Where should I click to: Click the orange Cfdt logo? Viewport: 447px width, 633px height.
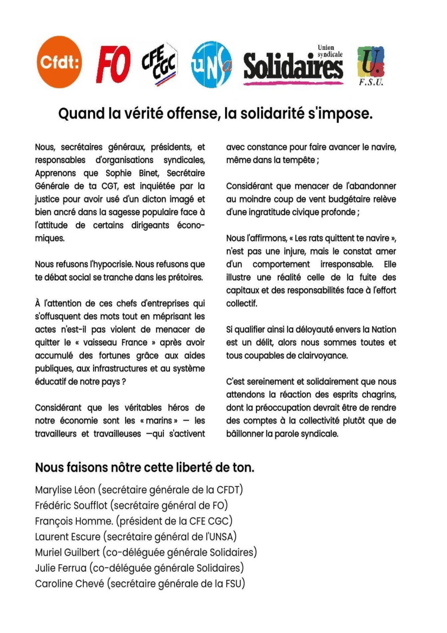point(60,62)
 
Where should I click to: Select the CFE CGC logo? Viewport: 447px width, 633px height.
point(160,64)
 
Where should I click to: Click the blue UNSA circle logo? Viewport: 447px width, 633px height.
point(212,64)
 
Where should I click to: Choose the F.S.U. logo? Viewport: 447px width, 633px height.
point(371,66)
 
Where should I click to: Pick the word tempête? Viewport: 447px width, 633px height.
point(302,160)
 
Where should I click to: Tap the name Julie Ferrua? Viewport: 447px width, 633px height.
point(60,568)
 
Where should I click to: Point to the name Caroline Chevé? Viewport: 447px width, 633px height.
point(70,584)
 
